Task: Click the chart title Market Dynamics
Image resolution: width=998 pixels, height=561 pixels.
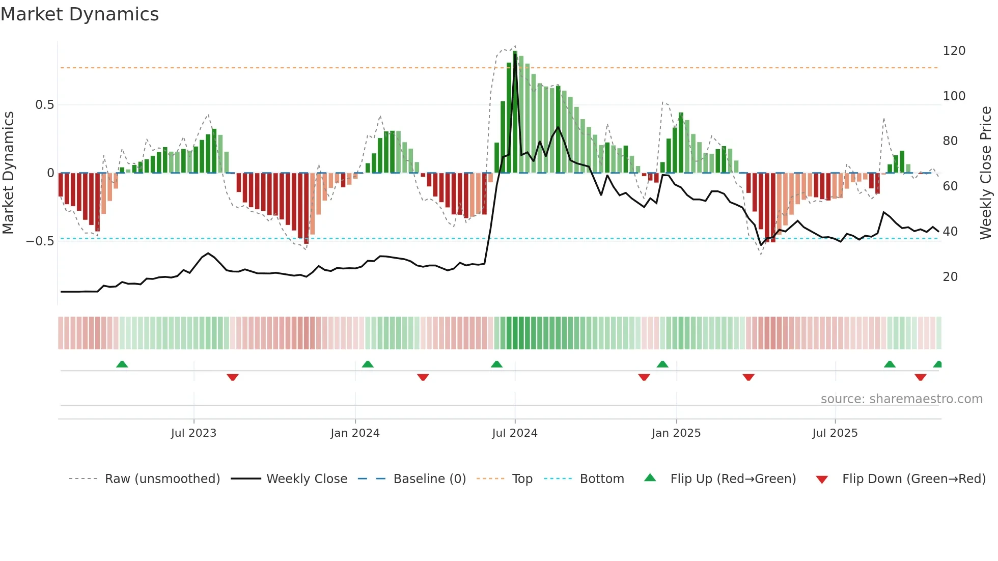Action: click(80, 14)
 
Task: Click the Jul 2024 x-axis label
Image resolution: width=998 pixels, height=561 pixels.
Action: click(514, 433)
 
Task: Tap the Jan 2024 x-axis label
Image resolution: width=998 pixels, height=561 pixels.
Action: click(355, 433)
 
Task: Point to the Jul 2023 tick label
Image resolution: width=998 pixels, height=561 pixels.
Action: click(193, 433)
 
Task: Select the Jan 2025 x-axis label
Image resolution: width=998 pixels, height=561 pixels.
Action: click(676, 433)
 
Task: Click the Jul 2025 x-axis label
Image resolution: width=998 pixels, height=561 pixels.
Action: click(835, 433)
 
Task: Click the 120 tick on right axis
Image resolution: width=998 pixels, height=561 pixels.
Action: click(954, 51)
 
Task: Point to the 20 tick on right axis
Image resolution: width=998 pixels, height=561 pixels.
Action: click(950, 277)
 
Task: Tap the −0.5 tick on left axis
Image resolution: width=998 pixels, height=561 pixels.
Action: click(40, 241)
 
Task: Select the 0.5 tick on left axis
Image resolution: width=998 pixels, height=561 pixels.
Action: click(44, 105)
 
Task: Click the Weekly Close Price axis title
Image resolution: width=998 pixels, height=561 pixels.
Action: click(986, 173)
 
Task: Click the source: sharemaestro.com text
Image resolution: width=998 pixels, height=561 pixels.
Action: click(901, 399)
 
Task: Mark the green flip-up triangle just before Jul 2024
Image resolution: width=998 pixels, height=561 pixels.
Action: click(496, 364)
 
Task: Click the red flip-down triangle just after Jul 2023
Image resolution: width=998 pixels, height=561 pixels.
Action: click(233, 377)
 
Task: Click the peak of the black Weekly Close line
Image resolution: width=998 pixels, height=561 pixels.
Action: click(515, 55)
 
